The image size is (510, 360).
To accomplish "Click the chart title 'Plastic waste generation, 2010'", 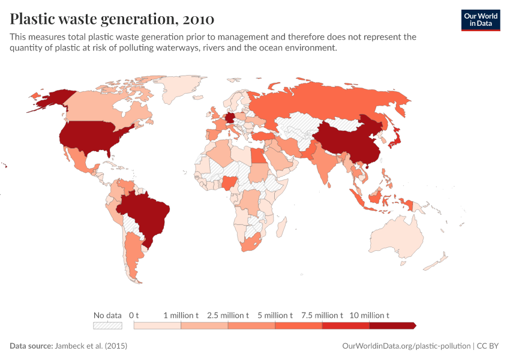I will coord(112,19).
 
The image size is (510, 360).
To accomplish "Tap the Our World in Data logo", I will coord(480,19).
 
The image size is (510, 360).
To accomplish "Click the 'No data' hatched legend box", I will coord(107,325).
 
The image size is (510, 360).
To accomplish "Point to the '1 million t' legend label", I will coord(181,315).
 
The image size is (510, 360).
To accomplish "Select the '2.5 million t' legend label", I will coord(228,315).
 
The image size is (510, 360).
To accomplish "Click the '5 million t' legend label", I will coord(275,315).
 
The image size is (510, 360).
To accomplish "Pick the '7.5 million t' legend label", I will coord(322,315).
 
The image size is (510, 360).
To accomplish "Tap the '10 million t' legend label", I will coord(370,315).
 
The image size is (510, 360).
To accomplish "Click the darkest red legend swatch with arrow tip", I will coord(392,325).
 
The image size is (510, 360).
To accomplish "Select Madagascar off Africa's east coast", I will coord(280,227).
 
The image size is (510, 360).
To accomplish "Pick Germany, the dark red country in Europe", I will coord(230,119).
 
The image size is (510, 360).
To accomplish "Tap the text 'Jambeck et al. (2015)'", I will coord(91,346).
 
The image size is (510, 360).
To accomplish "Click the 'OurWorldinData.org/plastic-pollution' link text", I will coord(406,346).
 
